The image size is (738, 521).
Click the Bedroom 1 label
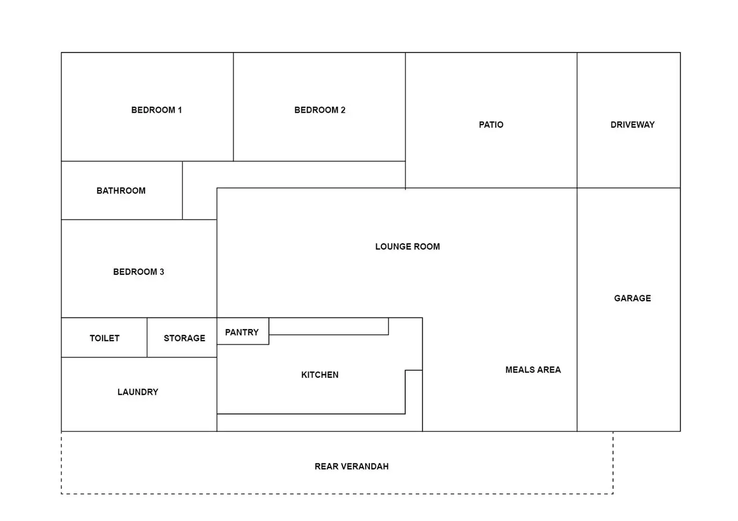point(156,110)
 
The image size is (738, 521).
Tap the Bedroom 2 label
point(320,110)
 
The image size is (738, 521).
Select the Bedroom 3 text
point(138,272)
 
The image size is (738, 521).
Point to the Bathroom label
point(121,191)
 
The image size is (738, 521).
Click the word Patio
point(491,125)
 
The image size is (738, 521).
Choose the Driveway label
point(632,125)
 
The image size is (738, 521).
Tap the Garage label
point(632,299)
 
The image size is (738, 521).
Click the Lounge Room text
point(407,246)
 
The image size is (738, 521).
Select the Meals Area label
point(533,370)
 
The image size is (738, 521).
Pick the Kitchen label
point(320,375)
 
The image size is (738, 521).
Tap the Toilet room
point(104,338)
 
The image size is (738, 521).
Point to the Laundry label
point(138,392)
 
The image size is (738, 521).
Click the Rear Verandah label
point(351,466)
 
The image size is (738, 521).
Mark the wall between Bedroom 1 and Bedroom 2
point(233,107)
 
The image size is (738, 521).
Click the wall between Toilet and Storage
point(147,338)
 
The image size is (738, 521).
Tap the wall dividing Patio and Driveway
point(577,120)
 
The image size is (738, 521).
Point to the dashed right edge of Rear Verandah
point(613,463)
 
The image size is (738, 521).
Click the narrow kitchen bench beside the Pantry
point(328,327)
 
